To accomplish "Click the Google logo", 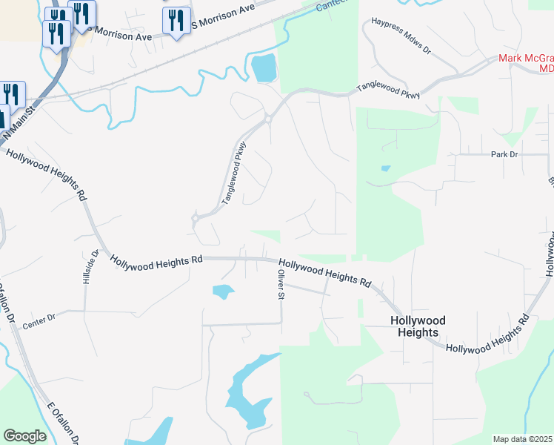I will (x=24, y=436).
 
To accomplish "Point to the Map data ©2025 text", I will (x=522, y=439).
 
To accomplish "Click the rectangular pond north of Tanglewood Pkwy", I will (x=264, y=68).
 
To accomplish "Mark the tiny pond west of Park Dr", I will (x=385, y=168).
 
